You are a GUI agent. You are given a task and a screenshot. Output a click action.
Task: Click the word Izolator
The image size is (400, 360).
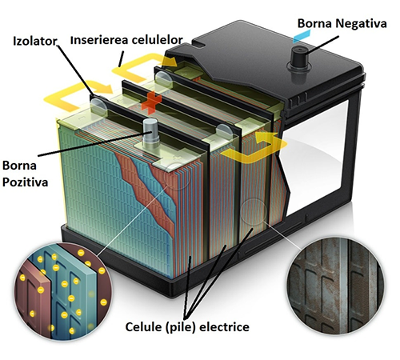35,42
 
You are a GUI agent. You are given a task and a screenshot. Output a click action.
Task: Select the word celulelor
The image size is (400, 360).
158,40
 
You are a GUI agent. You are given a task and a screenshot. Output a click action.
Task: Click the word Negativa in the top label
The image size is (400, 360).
361,23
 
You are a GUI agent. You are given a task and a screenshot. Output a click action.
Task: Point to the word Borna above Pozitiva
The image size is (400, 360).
19,166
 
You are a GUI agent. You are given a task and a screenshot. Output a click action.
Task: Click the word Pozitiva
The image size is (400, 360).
25,182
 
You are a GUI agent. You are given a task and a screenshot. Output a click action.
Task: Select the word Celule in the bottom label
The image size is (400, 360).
143,327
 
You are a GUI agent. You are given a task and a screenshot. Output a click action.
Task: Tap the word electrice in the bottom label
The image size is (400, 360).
225,327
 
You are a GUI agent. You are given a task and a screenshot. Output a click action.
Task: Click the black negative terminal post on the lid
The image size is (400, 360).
298,58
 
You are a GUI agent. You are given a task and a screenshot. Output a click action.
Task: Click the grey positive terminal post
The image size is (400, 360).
150,133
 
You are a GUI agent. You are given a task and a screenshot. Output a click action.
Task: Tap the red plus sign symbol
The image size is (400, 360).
151,102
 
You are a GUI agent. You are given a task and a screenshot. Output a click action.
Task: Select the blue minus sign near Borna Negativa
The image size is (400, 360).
302,36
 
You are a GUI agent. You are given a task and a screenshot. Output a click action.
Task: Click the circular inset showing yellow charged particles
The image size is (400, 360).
63,292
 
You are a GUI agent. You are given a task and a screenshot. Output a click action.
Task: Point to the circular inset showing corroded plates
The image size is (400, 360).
336,286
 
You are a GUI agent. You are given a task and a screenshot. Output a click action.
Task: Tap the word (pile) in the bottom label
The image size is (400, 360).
181,327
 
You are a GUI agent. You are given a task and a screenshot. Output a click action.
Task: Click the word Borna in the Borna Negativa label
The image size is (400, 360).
315,23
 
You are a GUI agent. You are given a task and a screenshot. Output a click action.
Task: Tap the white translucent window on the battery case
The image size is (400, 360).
314,158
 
